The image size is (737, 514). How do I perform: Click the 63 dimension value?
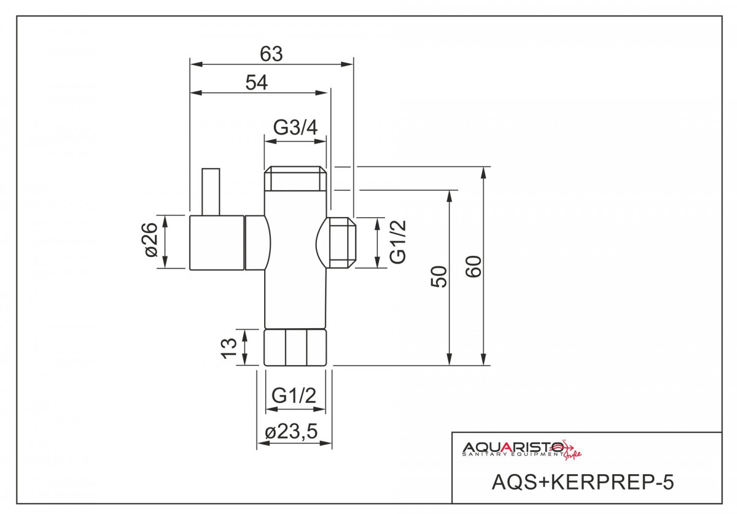click(271, 54)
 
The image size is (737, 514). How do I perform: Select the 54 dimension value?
click(257, 82)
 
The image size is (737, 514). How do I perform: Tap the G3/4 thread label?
click(295, 128)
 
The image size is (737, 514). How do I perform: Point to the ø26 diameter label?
click(151, 240)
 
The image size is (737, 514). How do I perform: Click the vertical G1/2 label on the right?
click(398, 242)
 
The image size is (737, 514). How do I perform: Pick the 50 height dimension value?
click(439, 277)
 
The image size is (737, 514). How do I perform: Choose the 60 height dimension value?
click(473, 266)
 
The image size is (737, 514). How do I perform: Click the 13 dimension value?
click(229, 348)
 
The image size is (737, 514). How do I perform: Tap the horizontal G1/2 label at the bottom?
click(294, 396)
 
